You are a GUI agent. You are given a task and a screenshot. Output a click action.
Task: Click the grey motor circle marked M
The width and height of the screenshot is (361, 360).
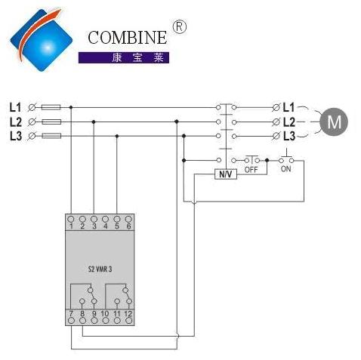334,122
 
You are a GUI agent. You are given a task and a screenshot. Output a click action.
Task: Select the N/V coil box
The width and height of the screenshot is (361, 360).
226,174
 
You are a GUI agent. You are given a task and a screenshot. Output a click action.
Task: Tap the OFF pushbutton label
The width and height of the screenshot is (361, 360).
251,170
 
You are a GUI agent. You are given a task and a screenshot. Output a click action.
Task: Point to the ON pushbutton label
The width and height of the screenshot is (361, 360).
286,169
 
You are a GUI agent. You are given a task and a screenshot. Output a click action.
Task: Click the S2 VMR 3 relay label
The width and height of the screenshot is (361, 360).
100,269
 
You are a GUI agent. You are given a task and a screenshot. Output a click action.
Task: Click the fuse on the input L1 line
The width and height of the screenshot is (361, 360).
51,107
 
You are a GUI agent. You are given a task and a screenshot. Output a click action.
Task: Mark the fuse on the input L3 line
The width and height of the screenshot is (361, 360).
51,136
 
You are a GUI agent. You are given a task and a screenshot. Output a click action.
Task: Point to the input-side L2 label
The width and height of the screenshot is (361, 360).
16,122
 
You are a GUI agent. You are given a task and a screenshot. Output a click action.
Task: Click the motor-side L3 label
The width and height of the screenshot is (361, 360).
289,136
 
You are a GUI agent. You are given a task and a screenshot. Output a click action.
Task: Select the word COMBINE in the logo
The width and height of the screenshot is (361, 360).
128,38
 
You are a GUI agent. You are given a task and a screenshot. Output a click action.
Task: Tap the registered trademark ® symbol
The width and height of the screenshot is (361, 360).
179,26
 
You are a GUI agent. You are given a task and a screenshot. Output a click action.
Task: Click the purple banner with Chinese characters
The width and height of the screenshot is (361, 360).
124,57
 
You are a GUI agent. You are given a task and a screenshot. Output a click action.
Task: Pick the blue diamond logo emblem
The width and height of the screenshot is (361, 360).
42,40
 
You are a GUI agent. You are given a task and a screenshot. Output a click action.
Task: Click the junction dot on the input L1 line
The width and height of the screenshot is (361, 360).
71,107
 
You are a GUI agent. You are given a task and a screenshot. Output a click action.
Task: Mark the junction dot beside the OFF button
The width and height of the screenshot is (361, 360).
267,160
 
